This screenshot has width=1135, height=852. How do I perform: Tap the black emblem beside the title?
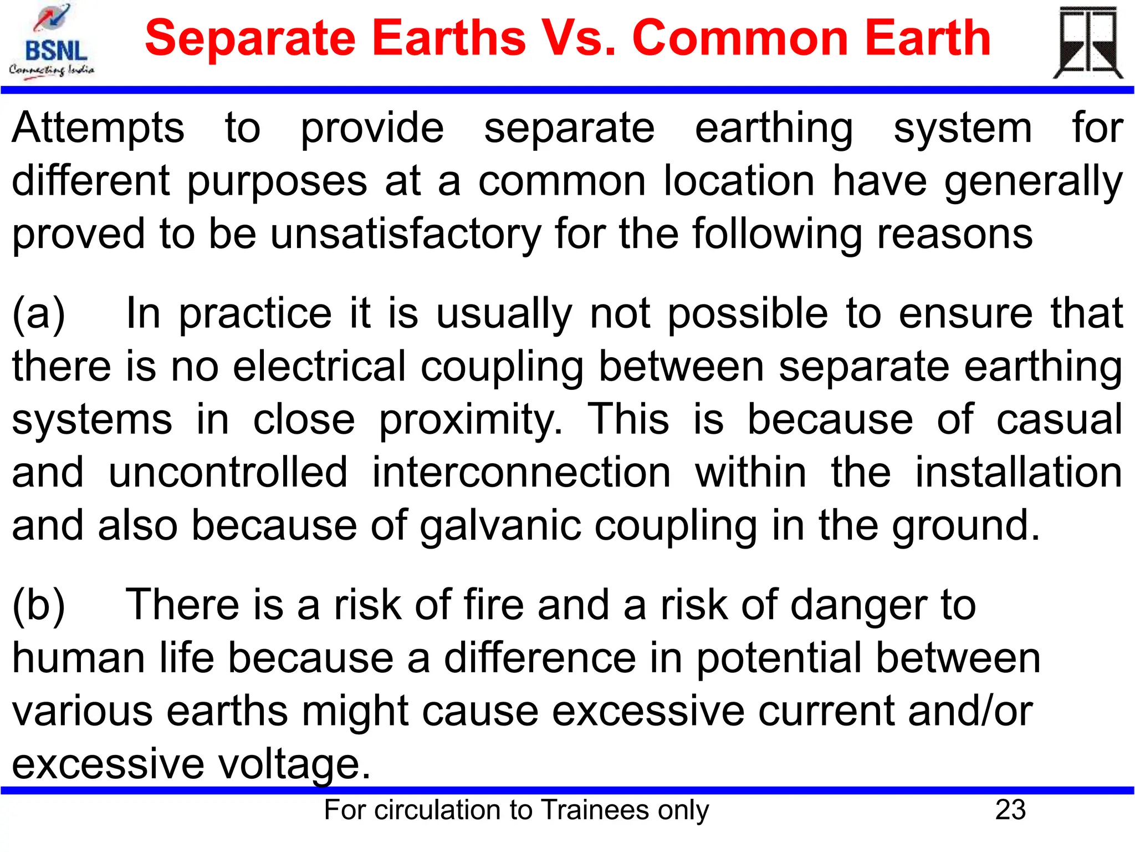tap(1088, 43)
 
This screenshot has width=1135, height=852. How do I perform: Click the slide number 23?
tap(1010, 810)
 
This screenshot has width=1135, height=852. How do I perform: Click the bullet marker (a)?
tap(39, 314)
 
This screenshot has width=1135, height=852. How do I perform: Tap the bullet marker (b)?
tap(39, 605)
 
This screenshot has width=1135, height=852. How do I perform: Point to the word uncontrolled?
tap(228, 473)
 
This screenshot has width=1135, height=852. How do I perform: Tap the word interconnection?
tap(521, 473)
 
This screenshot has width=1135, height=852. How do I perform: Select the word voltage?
tap(294, 764)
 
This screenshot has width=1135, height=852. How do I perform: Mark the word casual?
tap(1059, 419)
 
